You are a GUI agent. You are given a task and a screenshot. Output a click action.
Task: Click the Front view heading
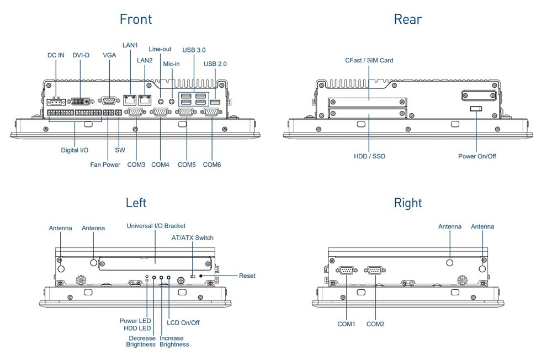[136, 19]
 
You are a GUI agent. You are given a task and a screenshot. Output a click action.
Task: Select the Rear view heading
[407, 19]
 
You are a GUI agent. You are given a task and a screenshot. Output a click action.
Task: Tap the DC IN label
[56, 55]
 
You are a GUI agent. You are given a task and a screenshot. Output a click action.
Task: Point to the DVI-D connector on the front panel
[81, 102]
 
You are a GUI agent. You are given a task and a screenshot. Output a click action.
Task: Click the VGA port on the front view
[109, 100]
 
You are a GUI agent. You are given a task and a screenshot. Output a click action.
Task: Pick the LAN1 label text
[130, 45]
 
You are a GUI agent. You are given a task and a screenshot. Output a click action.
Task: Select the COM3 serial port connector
[135, 112]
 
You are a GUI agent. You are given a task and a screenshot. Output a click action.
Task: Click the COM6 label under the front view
[212, 165]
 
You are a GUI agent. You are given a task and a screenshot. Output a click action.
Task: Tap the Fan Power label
[105, 165]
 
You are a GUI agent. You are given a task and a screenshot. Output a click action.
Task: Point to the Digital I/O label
[75, 150]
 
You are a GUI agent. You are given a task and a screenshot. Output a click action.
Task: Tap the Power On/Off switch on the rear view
[476, 109]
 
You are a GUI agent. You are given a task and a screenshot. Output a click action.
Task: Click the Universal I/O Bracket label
[156, 226]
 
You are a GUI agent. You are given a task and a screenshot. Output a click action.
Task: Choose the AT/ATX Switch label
[192, 238]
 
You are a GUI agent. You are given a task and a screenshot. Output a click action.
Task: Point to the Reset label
[247, 276]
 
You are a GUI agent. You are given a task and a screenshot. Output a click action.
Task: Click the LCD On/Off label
[183, 322]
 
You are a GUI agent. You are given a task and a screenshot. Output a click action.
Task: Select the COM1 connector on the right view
[346, 270]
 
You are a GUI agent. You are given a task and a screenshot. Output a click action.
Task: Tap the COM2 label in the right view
[375, 324]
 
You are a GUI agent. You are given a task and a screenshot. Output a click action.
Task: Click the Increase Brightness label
[174, 341]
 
